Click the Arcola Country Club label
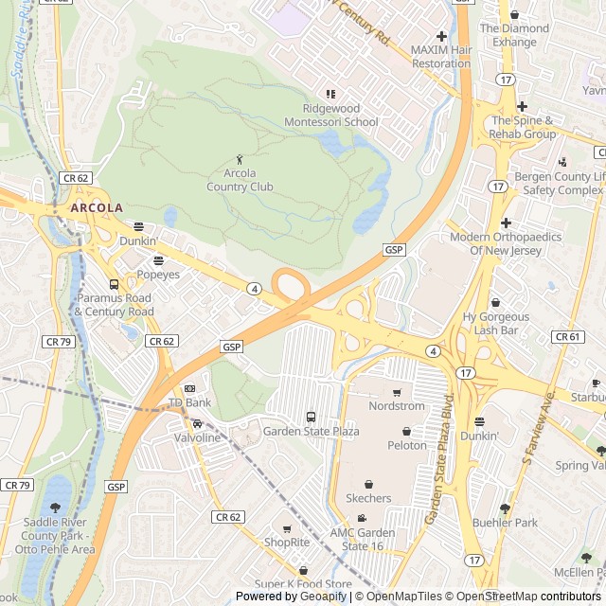(x=240, y=180)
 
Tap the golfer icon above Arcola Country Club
(x=240, y=159)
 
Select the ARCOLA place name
(x=97, y=207)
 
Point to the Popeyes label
(x=158, y=275)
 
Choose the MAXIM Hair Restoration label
(x=440, y=56)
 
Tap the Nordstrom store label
(x=397, y=406)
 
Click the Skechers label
(x=368, y=498)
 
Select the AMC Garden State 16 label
(x=362, y=539)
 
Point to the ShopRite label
(x=287, y=543)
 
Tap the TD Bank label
(x=189, y=403)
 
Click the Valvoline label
(x=197, y=437)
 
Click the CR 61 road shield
(x=567, y=337)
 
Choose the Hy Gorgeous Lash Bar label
(x=496, y=323)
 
